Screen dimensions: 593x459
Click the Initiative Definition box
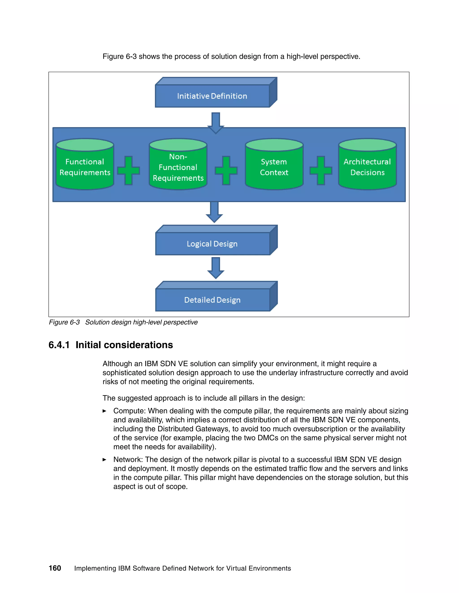(212, 96)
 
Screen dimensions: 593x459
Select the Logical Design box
(212, 243)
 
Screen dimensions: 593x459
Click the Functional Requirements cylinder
(85, 167)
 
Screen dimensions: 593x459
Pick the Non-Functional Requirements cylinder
(178, 167)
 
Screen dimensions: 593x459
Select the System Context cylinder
(274, 167)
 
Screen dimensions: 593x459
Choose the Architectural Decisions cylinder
(367, 167)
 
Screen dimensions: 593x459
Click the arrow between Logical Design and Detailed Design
(216, 268)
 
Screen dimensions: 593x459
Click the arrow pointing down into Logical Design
(214, 212)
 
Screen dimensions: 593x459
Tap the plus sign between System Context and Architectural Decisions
(321, 171)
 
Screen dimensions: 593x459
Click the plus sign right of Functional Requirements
(129, 171)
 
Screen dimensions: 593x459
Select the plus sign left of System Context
(226, 171)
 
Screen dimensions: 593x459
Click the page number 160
(55, 568)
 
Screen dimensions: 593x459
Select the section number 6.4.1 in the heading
(59, 345)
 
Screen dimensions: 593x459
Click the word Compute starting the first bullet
(129, 411)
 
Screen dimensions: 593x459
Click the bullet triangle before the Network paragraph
(104, 459)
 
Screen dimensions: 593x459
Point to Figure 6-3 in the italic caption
(64, 322)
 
